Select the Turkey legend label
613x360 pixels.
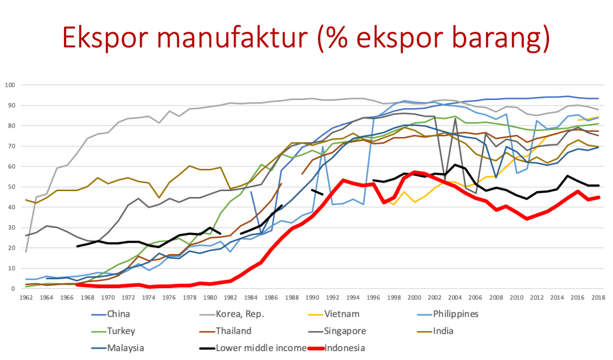coord(120,331)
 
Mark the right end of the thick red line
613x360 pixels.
coord(599,196)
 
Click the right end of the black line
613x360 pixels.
coord(599,185)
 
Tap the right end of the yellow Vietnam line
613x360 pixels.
coord(599,117)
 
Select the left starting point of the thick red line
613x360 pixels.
coord(77,285)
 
